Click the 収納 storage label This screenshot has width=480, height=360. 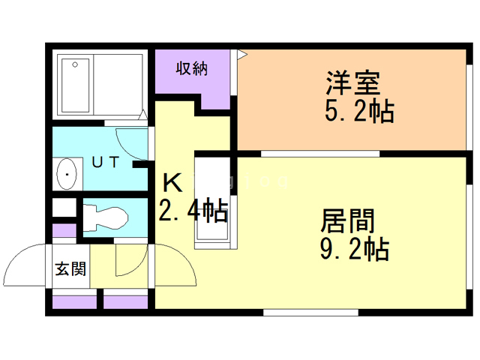(x=191, y=68)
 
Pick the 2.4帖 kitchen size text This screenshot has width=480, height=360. (x=192, y=212)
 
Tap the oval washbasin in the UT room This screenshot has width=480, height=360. (x=67, y=174)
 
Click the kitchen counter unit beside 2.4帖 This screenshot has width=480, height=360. (x=214, y=201)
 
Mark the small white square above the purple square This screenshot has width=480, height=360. (x=64, y=207)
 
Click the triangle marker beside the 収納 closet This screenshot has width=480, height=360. (x=241, y=55)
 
